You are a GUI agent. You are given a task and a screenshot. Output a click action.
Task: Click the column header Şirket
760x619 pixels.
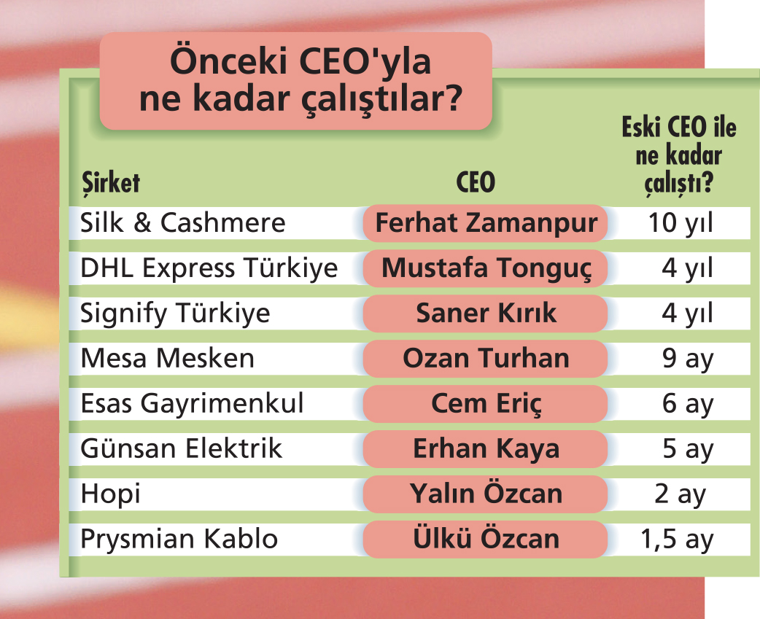click(111, 183)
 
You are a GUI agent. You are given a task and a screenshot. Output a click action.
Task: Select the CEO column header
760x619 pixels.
click(476, 182)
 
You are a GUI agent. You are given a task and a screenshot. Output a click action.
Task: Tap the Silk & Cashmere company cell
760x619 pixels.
click(183, 223)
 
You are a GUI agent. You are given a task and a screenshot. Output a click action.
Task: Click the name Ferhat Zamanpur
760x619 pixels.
click(486, 224)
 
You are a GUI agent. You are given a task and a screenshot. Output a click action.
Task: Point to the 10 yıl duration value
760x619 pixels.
click(680, 224)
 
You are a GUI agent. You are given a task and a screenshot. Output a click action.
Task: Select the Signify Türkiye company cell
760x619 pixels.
click(175, 314)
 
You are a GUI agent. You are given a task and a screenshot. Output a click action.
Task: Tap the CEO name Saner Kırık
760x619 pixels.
click(486, 313)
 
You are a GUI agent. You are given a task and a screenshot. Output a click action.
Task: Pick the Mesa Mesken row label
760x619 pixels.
click(167, 359)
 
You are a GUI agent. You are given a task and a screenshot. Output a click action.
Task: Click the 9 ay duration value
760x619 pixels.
click(688, 359)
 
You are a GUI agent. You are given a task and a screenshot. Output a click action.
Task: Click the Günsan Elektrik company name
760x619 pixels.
click(181, 448)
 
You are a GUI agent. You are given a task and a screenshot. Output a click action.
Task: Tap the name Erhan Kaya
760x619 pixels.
click(486, 449)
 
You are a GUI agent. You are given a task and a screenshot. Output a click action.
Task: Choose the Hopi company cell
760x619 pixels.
click(111, 494)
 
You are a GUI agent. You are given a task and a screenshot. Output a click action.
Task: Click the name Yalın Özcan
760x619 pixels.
click(486, 494)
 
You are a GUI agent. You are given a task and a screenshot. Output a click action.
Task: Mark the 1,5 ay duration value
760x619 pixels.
click(677, 539)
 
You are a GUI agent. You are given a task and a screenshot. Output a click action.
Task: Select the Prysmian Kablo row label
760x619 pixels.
click(179, 539)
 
